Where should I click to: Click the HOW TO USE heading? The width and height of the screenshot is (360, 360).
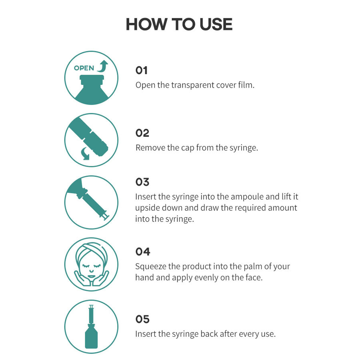pos(179,24)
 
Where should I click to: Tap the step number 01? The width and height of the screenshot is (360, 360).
pos(142,70)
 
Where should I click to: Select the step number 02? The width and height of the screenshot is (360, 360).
pos(142,133)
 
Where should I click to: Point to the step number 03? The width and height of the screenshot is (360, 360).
pos(142,182)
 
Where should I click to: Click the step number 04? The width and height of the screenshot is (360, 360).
pos(143,252)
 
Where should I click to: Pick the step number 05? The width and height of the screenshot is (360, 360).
pos(142,319)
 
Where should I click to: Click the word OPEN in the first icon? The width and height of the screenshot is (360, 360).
pos(84,68)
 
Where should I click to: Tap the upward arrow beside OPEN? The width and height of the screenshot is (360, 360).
pos(103,66)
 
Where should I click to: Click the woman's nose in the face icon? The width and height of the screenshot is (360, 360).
pos(91,270)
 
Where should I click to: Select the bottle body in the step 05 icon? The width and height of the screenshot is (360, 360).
pos(91,338)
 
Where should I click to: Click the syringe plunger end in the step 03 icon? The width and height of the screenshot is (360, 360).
pos(106,217)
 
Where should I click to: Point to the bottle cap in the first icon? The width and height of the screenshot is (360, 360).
pos(92,80)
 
